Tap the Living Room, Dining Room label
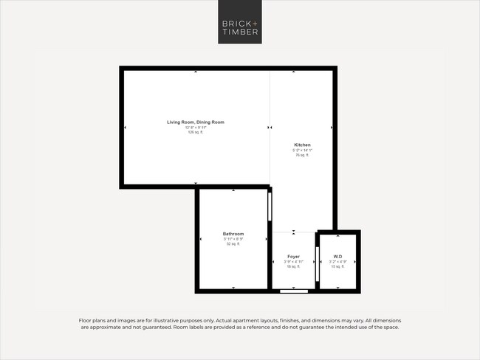click(x=195, y=122)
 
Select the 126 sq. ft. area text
click(x=195, y=132)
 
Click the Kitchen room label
click(x=302, y=145)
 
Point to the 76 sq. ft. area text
click(x=302, y=156)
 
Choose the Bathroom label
click(x=233, y=234)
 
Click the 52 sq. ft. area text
click(x=233, y=244)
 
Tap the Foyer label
click(x=293, y=257)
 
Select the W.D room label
click(x=337, y=257)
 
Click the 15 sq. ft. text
click(x=337, y=266)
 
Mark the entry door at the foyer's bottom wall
click(x=294, y=291)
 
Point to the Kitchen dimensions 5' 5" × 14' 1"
click(x=302, y=150)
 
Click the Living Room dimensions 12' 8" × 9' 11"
click(x=195, y=127)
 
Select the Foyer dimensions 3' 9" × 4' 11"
click(x=293, y=262)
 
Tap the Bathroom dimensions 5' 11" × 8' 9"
click(x=233, y=239)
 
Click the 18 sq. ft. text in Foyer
click(x=293, y=266)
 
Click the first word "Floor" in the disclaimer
click(x=86, y=320)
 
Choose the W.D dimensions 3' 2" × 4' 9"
click(x=337, y=262)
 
